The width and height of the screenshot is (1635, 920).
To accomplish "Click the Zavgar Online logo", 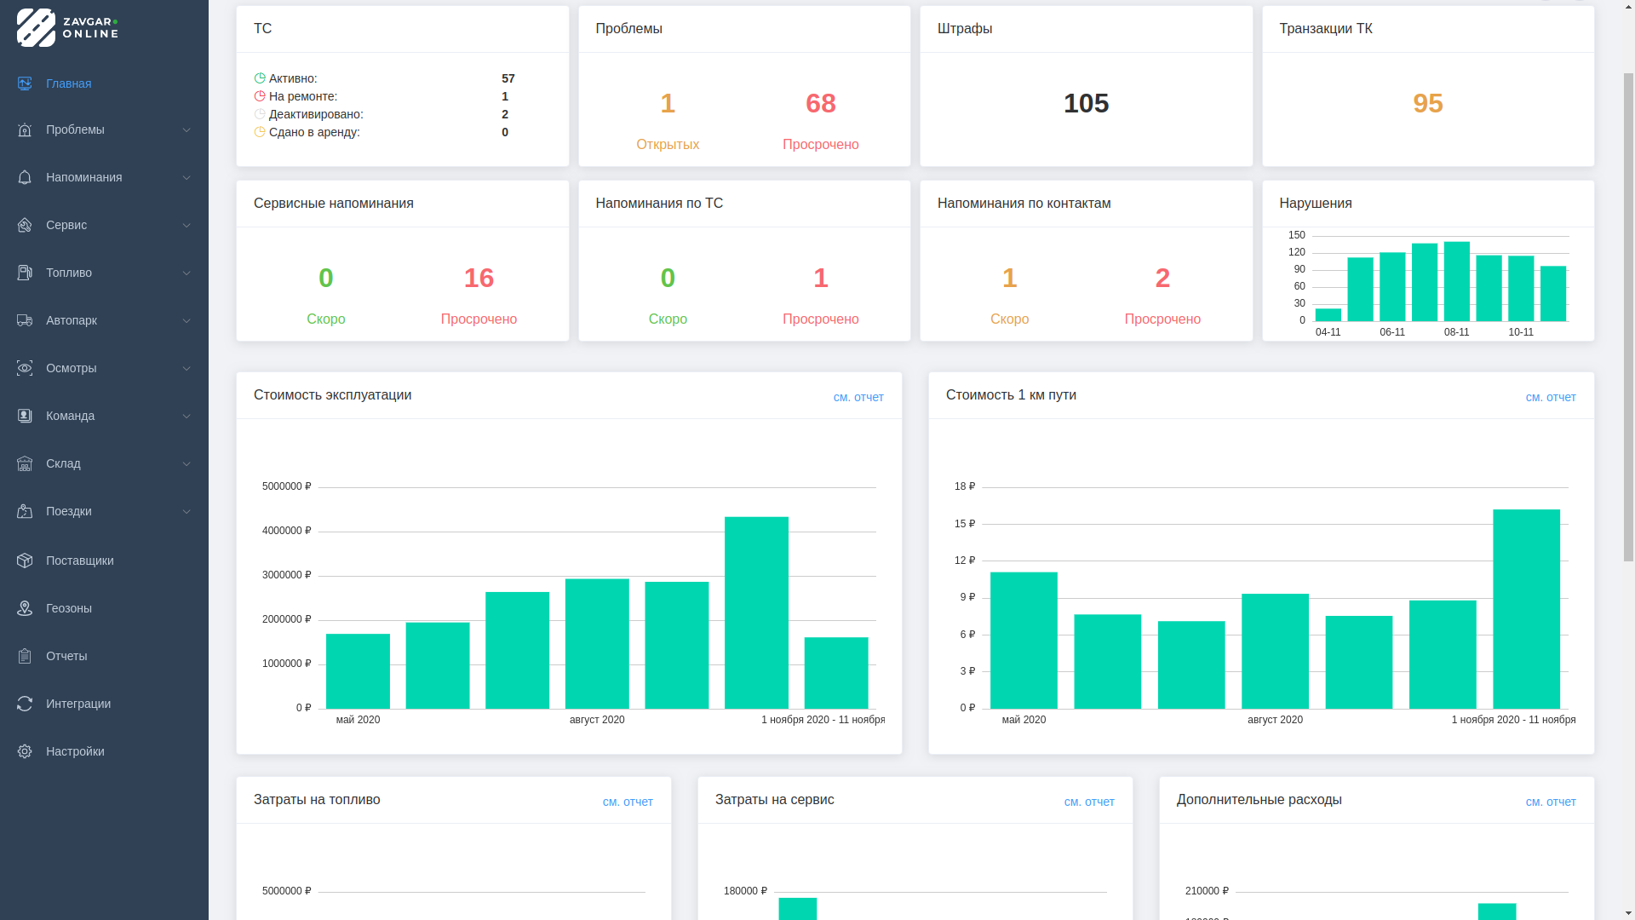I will click(x=67, y=27).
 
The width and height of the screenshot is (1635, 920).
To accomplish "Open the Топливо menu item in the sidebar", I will click(x=69, y=273).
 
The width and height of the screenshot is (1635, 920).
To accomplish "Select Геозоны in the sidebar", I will click(x=69, y=608).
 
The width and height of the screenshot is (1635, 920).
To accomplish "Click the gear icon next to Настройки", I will click(x=25, y=751).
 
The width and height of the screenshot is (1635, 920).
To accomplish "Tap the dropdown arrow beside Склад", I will click(x=186, y=463).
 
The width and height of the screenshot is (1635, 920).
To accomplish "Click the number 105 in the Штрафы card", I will click(x=1086, y=103).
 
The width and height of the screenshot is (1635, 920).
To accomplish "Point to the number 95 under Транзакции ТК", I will click(x=1427, y=103).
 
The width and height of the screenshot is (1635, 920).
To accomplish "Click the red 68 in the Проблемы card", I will click(x=820, y=103).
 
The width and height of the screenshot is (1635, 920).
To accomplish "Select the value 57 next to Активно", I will click(x=508, y=78).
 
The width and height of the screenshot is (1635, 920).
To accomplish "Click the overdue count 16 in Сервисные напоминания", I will click(x=479, y=278).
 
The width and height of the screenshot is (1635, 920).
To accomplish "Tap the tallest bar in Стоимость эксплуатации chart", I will click(x=756, y=612).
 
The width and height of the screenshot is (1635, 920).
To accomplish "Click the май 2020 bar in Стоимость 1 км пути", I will click(x=1024, y=640).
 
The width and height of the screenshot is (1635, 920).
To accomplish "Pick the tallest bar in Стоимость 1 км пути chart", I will click(x=1526, y=608).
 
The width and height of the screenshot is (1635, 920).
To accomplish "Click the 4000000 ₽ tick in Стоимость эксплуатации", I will click(x=286, y=531).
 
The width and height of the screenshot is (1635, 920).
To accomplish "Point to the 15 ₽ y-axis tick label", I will click(x=965, y=524).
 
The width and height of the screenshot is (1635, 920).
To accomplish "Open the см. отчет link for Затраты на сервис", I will click(x=1089, y=802).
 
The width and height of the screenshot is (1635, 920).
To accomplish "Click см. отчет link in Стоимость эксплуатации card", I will click(x=858, y=397).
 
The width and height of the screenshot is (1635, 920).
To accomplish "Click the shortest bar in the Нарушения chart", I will click(x=1328, y=315).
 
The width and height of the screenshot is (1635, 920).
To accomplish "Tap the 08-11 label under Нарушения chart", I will click(x=1456, y=332).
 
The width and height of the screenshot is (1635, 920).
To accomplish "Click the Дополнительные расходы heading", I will click(x=1259, y=799).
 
